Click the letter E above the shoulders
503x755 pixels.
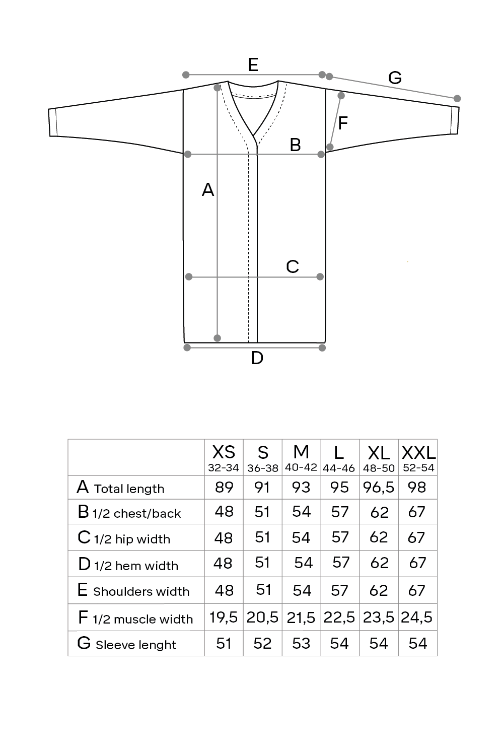(x=253, y=64)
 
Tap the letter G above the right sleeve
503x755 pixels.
(x=395, y=78)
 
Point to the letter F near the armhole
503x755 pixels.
(x=342, y=123)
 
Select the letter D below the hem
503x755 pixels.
(x=257, y=358)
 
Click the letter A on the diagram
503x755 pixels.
(x=208, y=190)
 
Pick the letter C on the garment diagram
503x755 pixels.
(x=293, y=266)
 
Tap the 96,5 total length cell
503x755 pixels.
(x=379, y=488)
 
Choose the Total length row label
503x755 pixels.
(x=129, y=489)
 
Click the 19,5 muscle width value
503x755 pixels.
(x=224, y=617)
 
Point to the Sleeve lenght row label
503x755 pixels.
(x=136, y=645)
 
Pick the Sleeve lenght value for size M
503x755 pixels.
(x=301, y=643)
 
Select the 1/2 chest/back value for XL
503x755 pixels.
(x=379, y=512)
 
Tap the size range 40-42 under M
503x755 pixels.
(x=301, y=467)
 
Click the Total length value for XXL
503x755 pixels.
(x=417, y=488)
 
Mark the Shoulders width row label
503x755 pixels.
(x=141, y=591)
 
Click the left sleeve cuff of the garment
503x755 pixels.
(x=52, y=122)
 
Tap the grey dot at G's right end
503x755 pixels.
(x=457, y=98)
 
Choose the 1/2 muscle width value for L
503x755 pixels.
(x=339, y=617)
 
